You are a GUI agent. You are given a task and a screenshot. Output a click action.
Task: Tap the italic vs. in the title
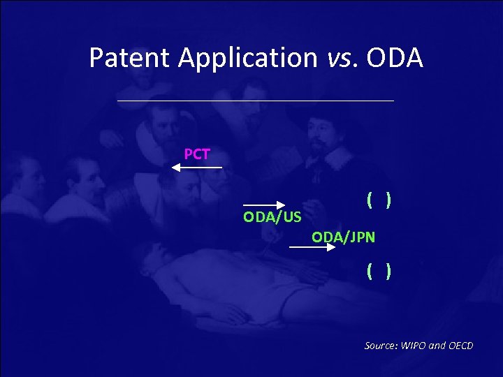point(343,58)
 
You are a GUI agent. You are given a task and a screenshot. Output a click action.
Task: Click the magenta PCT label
point(197,154)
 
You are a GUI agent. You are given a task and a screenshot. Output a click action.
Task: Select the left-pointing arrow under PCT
point(197,168)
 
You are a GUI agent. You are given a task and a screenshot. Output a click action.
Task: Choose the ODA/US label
point(272,217)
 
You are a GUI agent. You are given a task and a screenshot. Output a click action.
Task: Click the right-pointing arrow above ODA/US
point(264,205)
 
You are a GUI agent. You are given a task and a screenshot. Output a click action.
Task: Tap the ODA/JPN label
point(343,237)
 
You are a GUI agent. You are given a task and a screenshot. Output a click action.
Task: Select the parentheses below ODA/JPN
point(378,269)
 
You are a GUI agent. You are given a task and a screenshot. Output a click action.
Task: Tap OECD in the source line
point(459,346)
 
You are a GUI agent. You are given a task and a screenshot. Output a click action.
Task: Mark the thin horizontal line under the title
point(256,101)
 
